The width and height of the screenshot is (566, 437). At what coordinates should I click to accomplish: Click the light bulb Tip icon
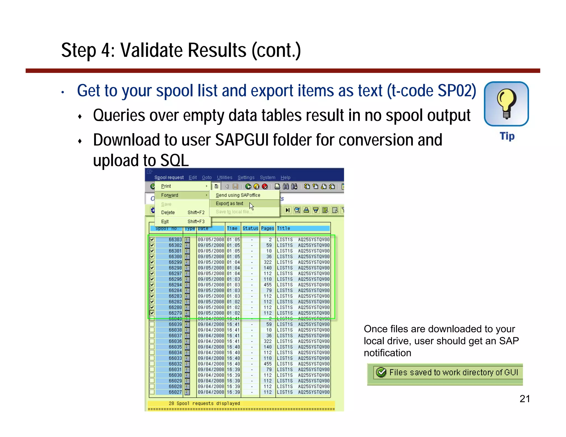[x=506, y=104]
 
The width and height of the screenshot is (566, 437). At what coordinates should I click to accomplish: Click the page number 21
[x=524, y=399]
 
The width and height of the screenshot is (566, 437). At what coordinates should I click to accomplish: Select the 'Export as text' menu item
[x=229, y=204]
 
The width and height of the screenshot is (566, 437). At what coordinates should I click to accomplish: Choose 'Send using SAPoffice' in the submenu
[x=238, y=195]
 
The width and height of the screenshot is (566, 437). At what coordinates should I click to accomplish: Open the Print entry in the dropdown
[x=166, y=186]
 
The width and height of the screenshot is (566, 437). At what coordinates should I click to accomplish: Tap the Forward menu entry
[x=169, y=195]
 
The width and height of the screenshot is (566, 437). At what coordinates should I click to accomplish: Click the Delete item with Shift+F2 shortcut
[x=168, y=212]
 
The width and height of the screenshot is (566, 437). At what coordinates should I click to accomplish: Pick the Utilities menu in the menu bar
[x=224, y=177]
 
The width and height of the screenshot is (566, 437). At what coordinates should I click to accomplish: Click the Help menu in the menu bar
[x=285, y=177]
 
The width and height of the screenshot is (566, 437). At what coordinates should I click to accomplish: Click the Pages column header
[x=267, y=228]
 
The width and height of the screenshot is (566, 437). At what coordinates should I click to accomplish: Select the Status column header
[x=250, y=228]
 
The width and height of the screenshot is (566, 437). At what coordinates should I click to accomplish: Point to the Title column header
[x=284, y=228]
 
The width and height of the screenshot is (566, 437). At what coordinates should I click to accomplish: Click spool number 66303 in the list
[x=175, y=239]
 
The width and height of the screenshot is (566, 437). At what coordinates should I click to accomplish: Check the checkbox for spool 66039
[x=152, y=324]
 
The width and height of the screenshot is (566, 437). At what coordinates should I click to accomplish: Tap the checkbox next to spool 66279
[x=152, y=313]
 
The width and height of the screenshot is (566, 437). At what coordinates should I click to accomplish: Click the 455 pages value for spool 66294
[x=268, y=285]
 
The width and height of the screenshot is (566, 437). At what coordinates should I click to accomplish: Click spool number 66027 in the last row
[x=175, y=392]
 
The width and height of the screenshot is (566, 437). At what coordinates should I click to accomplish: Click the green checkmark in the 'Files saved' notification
[x=381, y=372]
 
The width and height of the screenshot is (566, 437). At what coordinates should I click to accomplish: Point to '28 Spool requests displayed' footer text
[x=204, y=403]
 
